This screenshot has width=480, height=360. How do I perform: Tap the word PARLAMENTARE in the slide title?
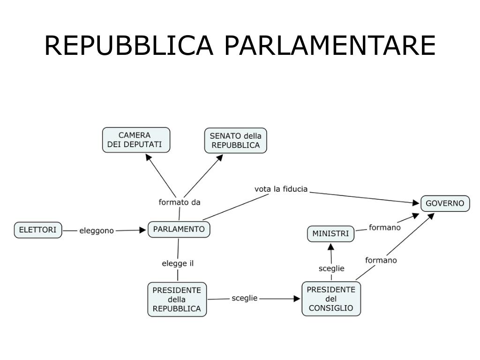330,45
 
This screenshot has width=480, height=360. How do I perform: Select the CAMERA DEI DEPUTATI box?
136,140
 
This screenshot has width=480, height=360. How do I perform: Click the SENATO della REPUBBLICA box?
235,141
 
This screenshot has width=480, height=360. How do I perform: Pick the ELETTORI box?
38,230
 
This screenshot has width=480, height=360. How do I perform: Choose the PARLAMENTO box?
179,229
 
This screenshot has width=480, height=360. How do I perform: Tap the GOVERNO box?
445,203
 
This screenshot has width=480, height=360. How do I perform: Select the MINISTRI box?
331,233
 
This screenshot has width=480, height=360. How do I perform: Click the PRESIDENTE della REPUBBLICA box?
177,299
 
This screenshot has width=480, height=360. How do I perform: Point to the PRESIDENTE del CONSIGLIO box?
331,299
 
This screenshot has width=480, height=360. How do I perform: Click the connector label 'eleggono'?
97,231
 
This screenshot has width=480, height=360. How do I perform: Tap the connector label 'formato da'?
180,202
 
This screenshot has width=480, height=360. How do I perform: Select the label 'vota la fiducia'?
281,189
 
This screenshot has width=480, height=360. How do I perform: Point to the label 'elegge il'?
178,263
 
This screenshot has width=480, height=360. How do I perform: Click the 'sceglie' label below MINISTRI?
331,269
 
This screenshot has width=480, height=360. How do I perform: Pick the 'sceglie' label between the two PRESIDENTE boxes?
245,298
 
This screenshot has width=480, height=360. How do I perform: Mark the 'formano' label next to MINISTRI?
385,228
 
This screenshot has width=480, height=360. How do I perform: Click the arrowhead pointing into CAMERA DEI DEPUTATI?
148,157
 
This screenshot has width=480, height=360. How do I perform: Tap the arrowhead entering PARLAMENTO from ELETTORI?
143,230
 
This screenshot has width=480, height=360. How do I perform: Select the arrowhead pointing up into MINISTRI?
330,247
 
